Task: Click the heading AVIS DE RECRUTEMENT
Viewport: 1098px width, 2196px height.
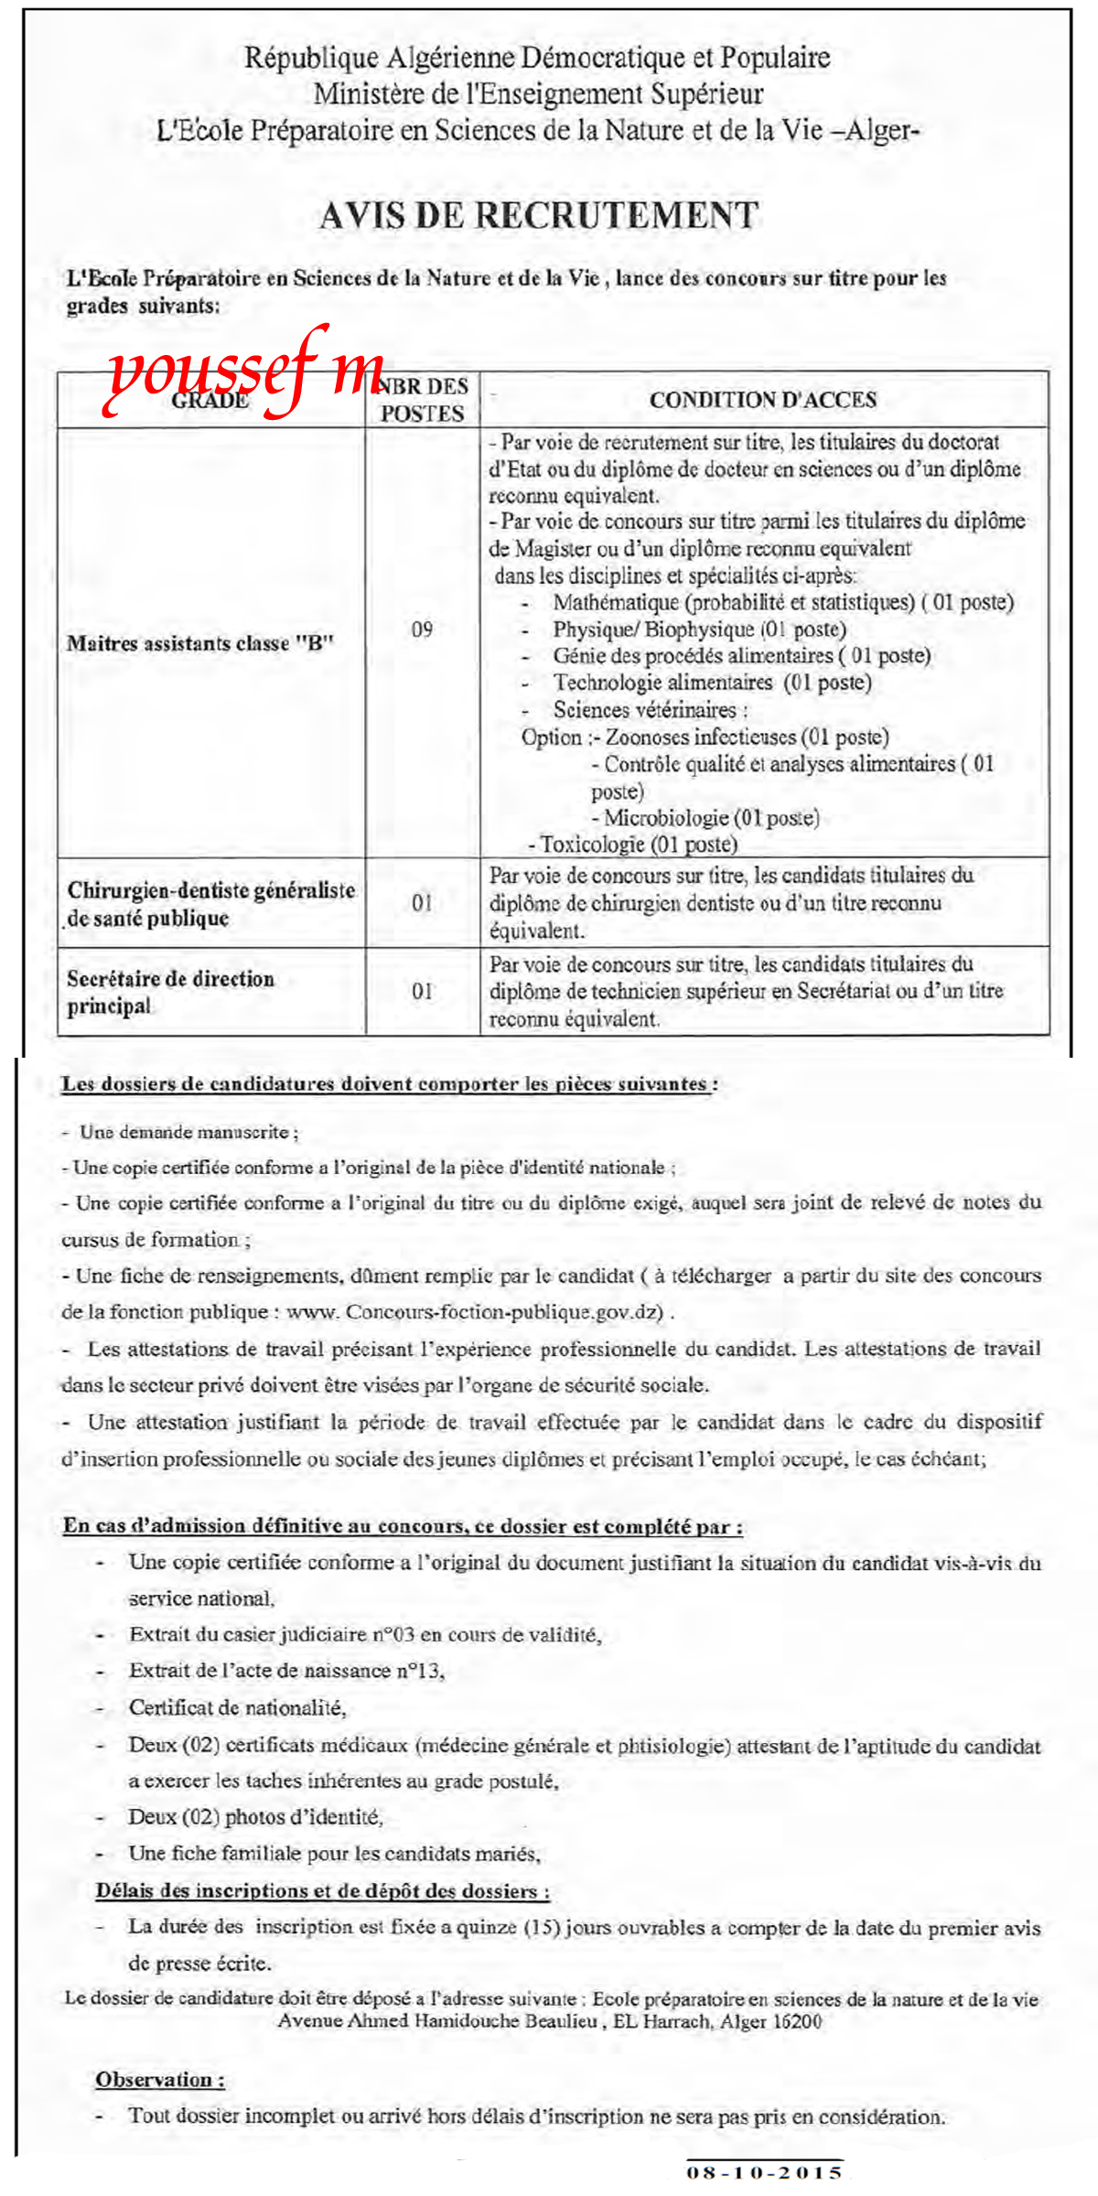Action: coord(539,216)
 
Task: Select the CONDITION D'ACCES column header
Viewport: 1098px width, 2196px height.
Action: coord(763,400)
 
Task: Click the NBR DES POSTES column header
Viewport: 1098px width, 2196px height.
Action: coord(423,400)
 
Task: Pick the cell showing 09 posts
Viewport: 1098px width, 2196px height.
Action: coord(422,630)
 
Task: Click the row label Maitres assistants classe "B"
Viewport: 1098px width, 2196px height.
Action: coord(200,643)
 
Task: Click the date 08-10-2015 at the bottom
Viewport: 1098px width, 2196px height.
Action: coord(764,2171)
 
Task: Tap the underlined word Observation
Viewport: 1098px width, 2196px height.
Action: coord(160,2079)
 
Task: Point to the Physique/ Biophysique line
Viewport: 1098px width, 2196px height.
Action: coord(699,630)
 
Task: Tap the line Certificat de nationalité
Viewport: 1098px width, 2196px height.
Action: coord(237,1707)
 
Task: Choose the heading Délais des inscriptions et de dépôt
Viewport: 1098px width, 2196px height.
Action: coord(322,1890)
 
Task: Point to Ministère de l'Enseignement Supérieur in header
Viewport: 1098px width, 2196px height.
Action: coord(538,93)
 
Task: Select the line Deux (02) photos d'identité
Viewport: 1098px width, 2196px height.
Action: coord(255,1817)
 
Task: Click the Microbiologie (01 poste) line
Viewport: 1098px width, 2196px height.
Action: coord(711,817)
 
